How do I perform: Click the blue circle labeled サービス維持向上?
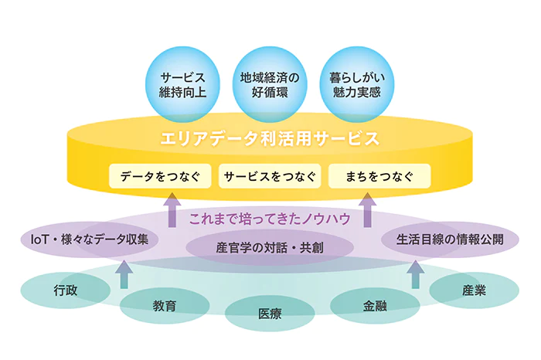click(x=182, y=84)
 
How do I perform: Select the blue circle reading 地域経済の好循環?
click(x=270, y=84)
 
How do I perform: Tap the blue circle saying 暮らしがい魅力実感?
click(x=357, y=84)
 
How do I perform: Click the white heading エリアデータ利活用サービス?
click(x=270, y=138)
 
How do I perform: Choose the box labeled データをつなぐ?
click(x=160, y=176)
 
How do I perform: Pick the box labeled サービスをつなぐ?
click(x=270, y=176)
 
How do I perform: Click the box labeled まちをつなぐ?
click(x=379, y=176)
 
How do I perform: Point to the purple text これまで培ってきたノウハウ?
click(x=270, y=219)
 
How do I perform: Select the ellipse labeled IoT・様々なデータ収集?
click(x=90, y=239)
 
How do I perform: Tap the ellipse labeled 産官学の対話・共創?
click(x=270, y=247)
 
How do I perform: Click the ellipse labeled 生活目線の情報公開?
click(x=450, y=239)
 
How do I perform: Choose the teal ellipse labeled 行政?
click(x=66, y=290)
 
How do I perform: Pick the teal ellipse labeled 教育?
click(x=165, y=306)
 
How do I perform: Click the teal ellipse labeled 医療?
click(x=270, y=314)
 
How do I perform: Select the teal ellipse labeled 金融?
click(x=375, y=306)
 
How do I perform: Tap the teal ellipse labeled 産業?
click(x=474, y=290)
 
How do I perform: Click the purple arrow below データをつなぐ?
click(x=172, y=210)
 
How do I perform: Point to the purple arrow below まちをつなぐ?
click(x=367, y=210)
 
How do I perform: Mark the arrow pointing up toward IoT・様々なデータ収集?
click(x=124, y=274)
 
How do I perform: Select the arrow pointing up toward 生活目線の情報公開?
click(x=416, y=274)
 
